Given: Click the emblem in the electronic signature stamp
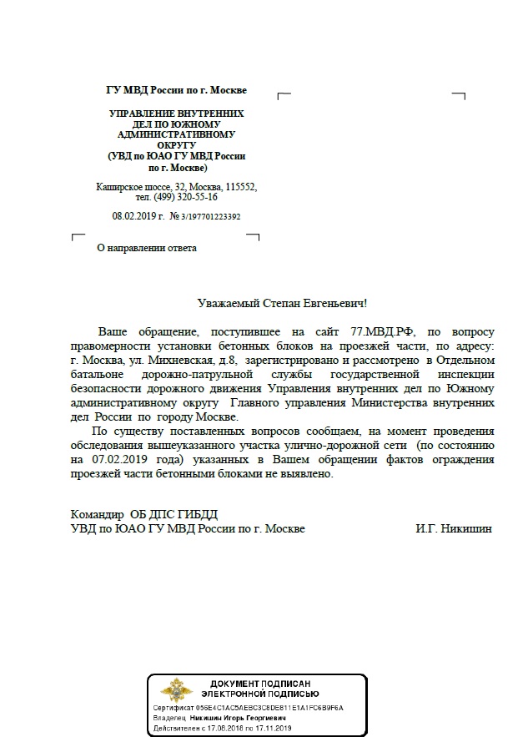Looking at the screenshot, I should (176, 692).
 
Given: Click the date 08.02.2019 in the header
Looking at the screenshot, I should (135, 216).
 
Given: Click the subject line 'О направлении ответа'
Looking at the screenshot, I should (148, 247).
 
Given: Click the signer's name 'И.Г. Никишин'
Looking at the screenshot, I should (453, 529).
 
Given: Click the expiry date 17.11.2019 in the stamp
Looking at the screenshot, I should (275, 727).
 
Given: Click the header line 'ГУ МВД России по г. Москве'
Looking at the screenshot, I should (176, 90).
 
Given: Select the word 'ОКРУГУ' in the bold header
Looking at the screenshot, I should (176, 144).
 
